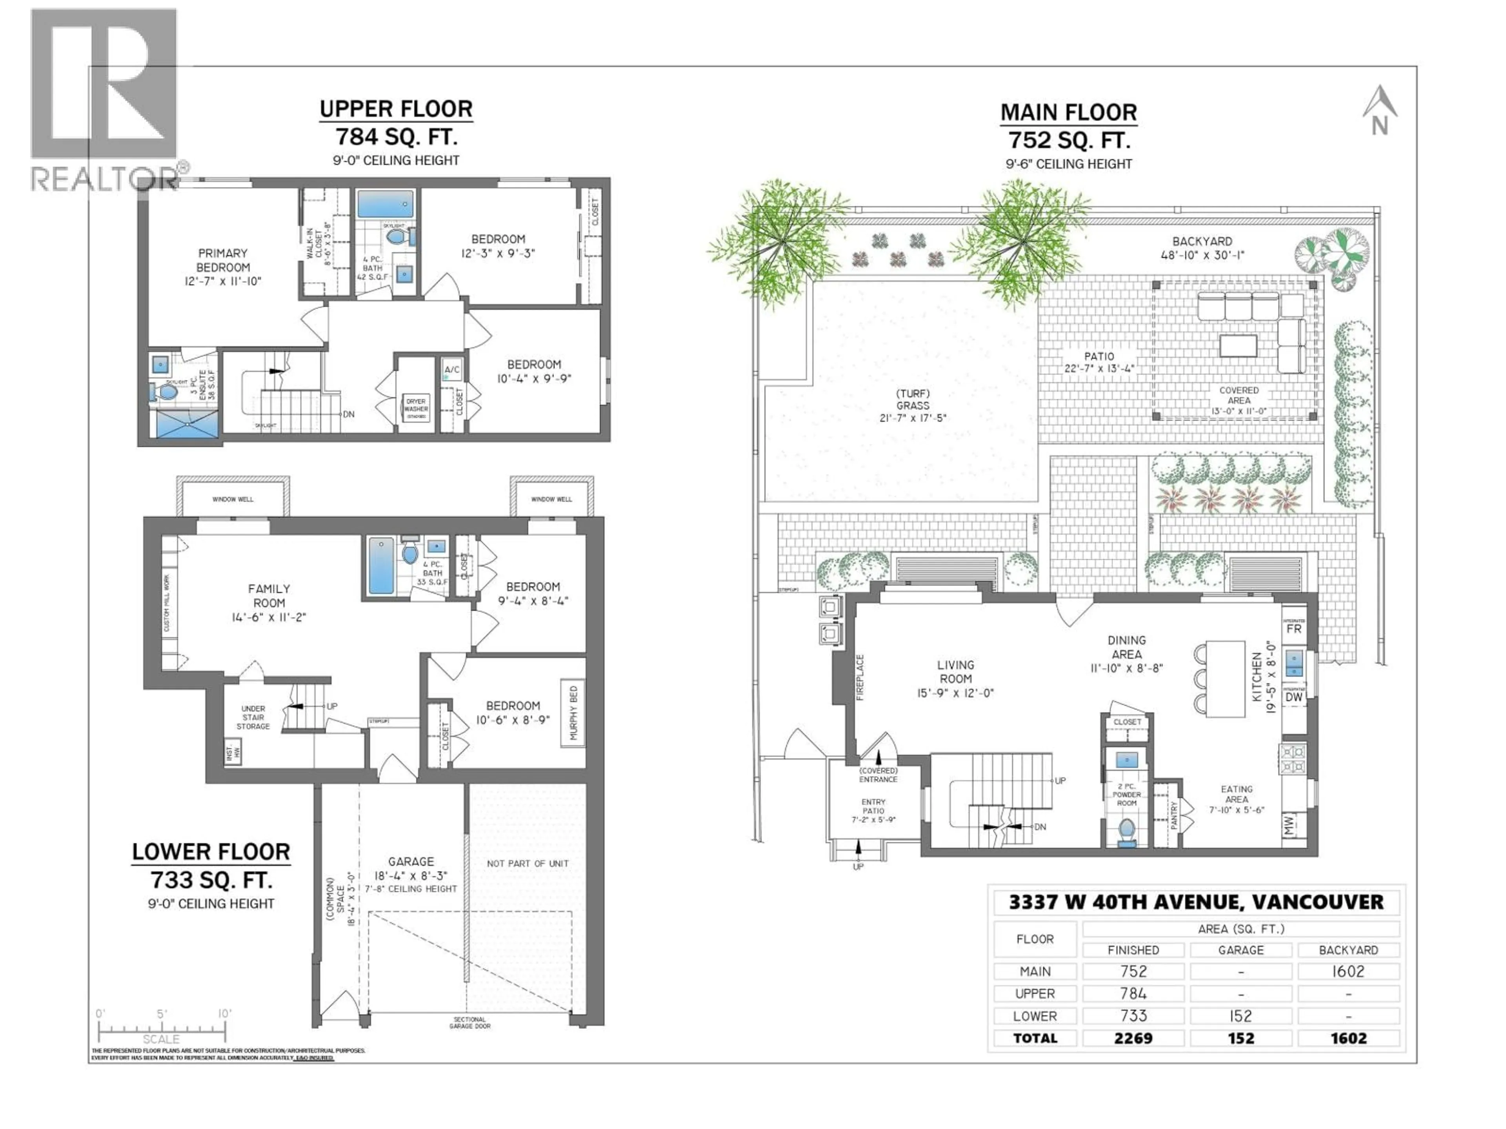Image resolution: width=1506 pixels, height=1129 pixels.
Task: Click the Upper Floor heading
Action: click(396, 109)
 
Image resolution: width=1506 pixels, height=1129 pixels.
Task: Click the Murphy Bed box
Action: click(573, 713)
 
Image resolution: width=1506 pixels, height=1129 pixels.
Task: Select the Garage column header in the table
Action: click(1240, 950)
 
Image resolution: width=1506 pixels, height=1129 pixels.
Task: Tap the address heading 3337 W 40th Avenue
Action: click(1196, 902)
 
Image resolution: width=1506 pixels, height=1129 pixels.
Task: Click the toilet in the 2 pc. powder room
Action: click(1127, 831)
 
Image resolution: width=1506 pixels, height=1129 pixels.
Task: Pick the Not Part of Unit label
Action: click(527, 864)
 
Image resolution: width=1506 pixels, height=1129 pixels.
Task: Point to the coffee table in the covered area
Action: click(1238, 345)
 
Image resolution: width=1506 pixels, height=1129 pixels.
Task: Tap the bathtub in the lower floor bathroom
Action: click(380, 566)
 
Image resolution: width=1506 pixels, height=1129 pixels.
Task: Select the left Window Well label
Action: click(233, 499)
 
